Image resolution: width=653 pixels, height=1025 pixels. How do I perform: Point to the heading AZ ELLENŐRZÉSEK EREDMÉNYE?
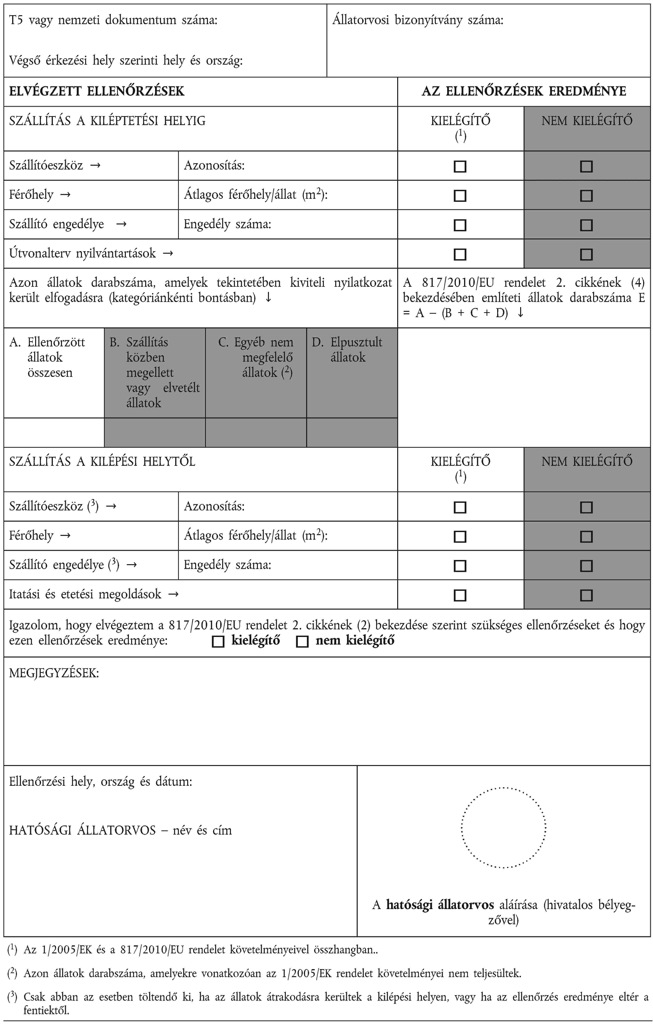(x=524, y=91)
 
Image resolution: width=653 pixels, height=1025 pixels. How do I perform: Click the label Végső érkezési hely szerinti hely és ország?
(x=126, y=61)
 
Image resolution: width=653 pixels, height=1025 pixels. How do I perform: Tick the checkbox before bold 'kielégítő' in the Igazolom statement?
(x=218, y=642)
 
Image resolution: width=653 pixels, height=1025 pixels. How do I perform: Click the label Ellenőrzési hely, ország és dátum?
(x=101, y=782)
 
